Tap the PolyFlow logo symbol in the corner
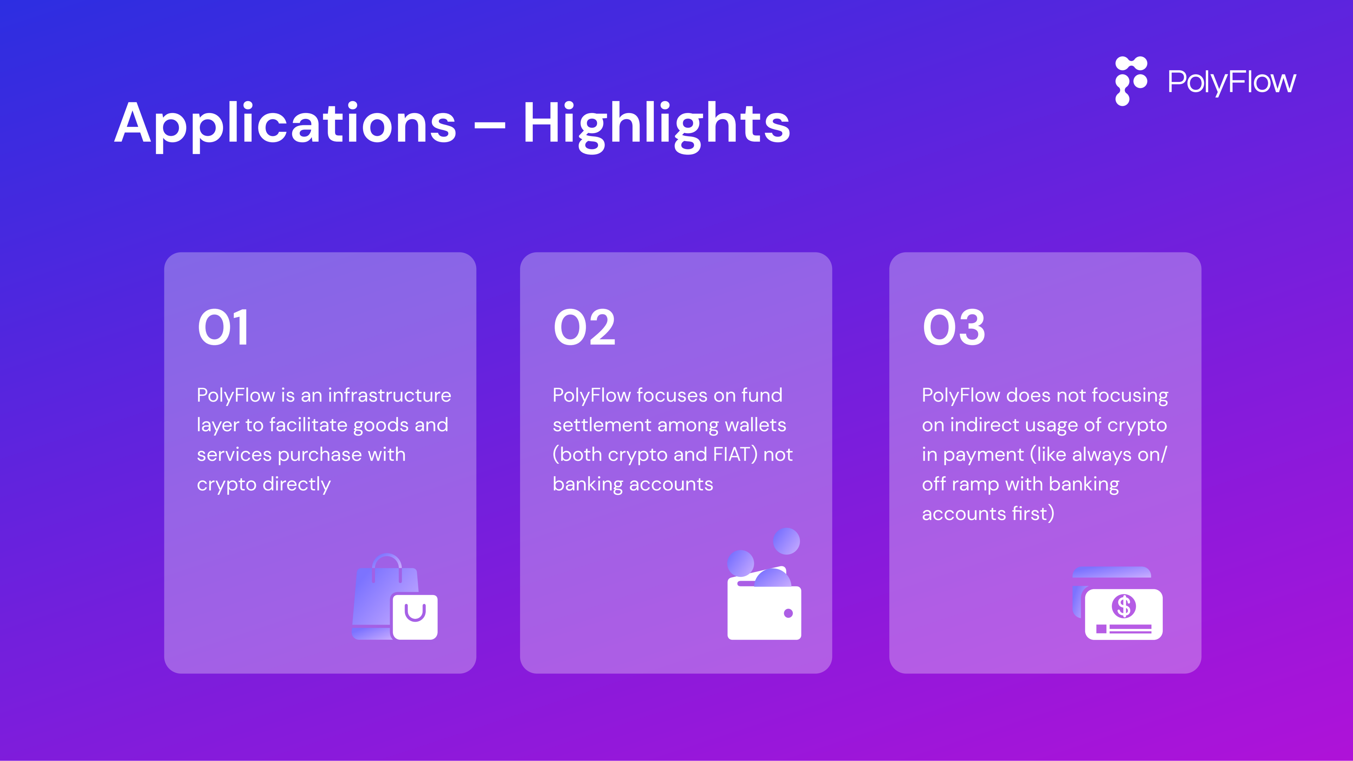1131,81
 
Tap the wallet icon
764,584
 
